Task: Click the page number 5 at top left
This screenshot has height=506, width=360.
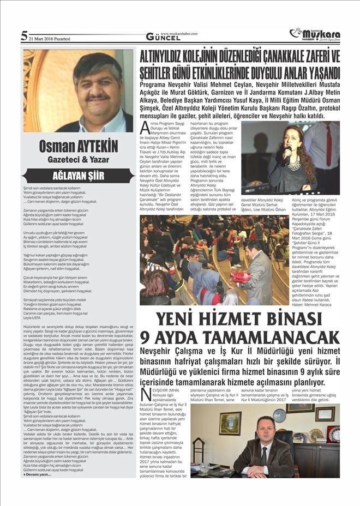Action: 24,36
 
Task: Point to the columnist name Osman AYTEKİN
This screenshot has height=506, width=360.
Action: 78,147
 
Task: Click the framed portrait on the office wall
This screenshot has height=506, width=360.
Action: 230,423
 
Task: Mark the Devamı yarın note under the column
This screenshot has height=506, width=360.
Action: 38,474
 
